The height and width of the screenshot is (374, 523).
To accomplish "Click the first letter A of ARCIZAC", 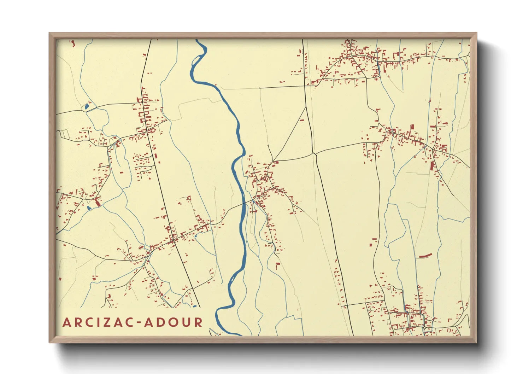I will [66, 322].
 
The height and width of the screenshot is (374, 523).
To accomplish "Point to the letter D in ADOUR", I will [161, 322].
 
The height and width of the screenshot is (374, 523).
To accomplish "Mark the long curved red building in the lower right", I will [425, 255].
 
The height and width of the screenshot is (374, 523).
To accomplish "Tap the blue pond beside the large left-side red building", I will [89, 208].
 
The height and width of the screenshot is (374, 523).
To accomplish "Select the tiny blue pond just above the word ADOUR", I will [194, 306].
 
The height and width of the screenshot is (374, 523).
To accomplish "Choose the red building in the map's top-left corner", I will [74, 43].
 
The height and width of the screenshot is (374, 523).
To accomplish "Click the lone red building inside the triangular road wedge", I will [302, 121].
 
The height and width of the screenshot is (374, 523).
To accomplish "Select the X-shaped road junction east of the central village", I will [314, 153].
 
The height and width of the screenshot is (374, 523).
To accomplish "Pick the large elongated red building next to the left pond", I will [98, 202].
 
